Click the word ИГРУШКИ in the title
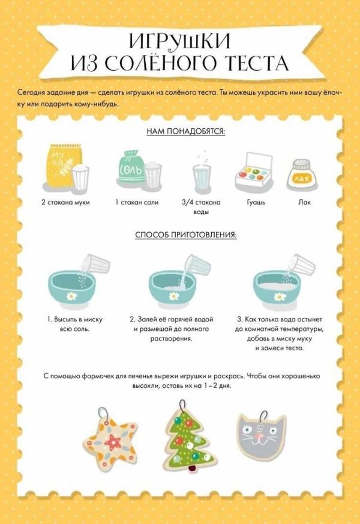tap(179, 41)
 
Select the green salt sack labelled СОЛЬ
tap(132, 167)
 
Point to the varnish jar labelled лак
tap(303, 175)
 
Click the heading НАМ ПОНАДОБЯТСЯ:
tap(185, 131)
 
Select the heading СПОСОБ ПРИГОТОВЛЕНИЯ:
tap(185, 235)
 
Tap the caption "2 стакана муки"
tap(65, 203)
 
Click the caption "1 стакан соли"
tap(137, 203)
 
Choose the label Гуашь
tap(256, 203)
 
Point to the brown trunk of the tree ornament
tap(192, 468)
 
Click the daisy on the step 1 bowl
tap(71, 296)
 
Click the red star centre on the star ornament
tap(113, 442)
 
